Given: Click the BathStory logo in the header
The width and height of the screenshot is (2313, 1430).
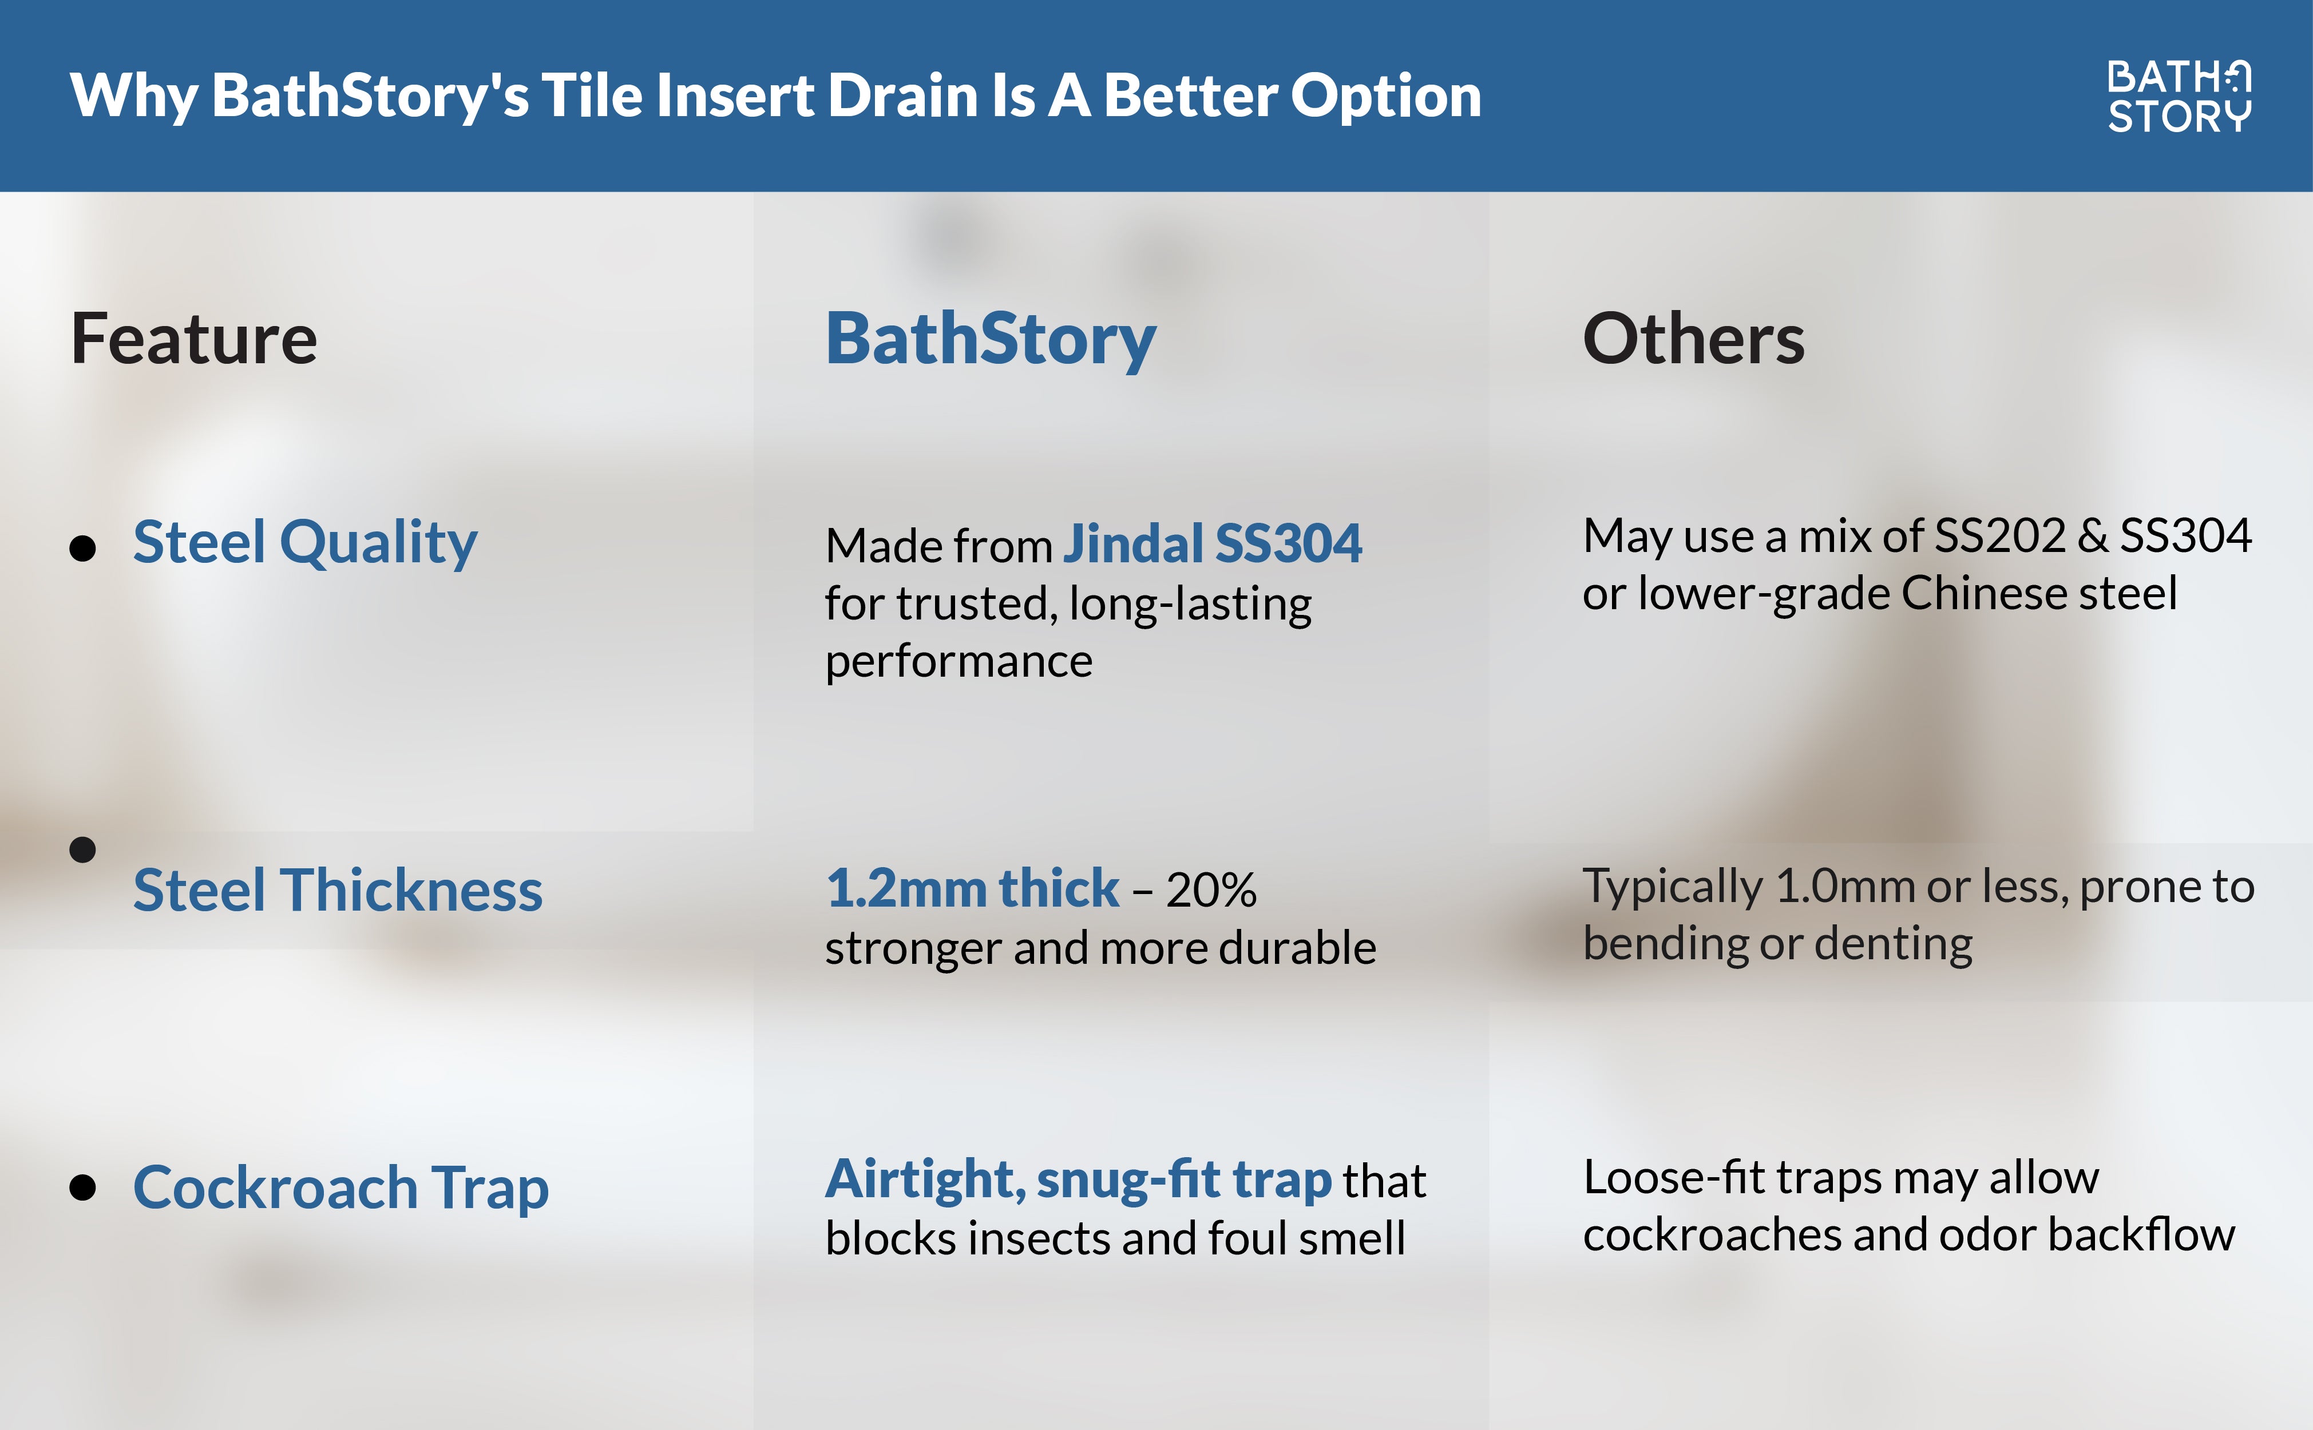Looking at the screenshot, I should click(2179, 97).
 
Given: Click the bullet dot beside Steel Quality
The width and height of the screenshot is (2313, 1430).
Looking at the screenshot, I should click(83, 547).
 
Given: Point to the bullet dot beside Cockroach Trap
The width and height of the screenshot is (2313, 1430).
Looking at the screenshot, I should click(83, 1188).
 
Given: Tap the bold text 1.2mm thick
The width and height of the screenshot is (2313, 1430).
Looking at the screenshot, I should click(972, 888).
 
